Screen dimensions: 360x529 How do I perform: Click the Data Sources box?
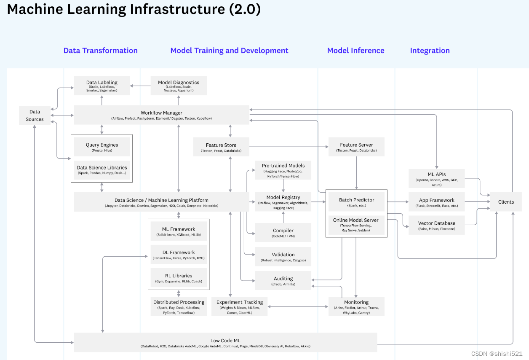(35, 116)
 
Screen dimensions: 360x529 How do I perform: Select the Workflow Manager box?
(161, 115)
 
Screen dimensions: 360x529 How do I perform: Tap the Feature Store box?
(221, 147)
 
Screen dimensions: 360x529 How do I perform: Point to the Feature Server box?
(356, 147)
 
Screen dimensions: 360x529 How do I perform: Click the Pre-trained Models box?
(283, 170)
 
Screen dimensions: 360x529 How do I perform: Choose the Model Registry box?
(283, 202)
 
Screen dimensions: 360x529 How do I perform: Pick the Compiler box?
(283, 233)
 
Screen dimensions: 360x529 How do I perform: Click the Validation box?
(283, 257)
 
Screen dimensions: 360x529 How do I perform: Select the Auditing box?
(283, 281)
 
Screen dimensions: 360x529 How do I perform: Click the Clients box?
(506, 202)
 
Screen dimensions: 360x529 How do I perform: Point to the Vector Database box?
(436, 226)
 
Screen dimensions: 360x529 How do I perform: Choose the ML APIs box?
(436, 179)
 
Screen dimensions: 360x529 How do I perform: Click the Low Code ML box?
(225, 342)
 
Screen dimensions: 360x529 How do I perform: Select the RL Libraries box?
(179, 278)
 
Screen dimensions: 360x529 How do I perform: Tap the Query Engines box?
(102, 147)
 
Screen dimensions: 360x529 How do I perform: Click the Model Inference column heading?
(355, 51)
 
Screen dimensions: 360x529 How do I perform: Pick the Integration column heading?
(430, 51)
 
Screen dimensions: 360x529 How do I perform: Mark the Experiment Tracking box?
(239, 307)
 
